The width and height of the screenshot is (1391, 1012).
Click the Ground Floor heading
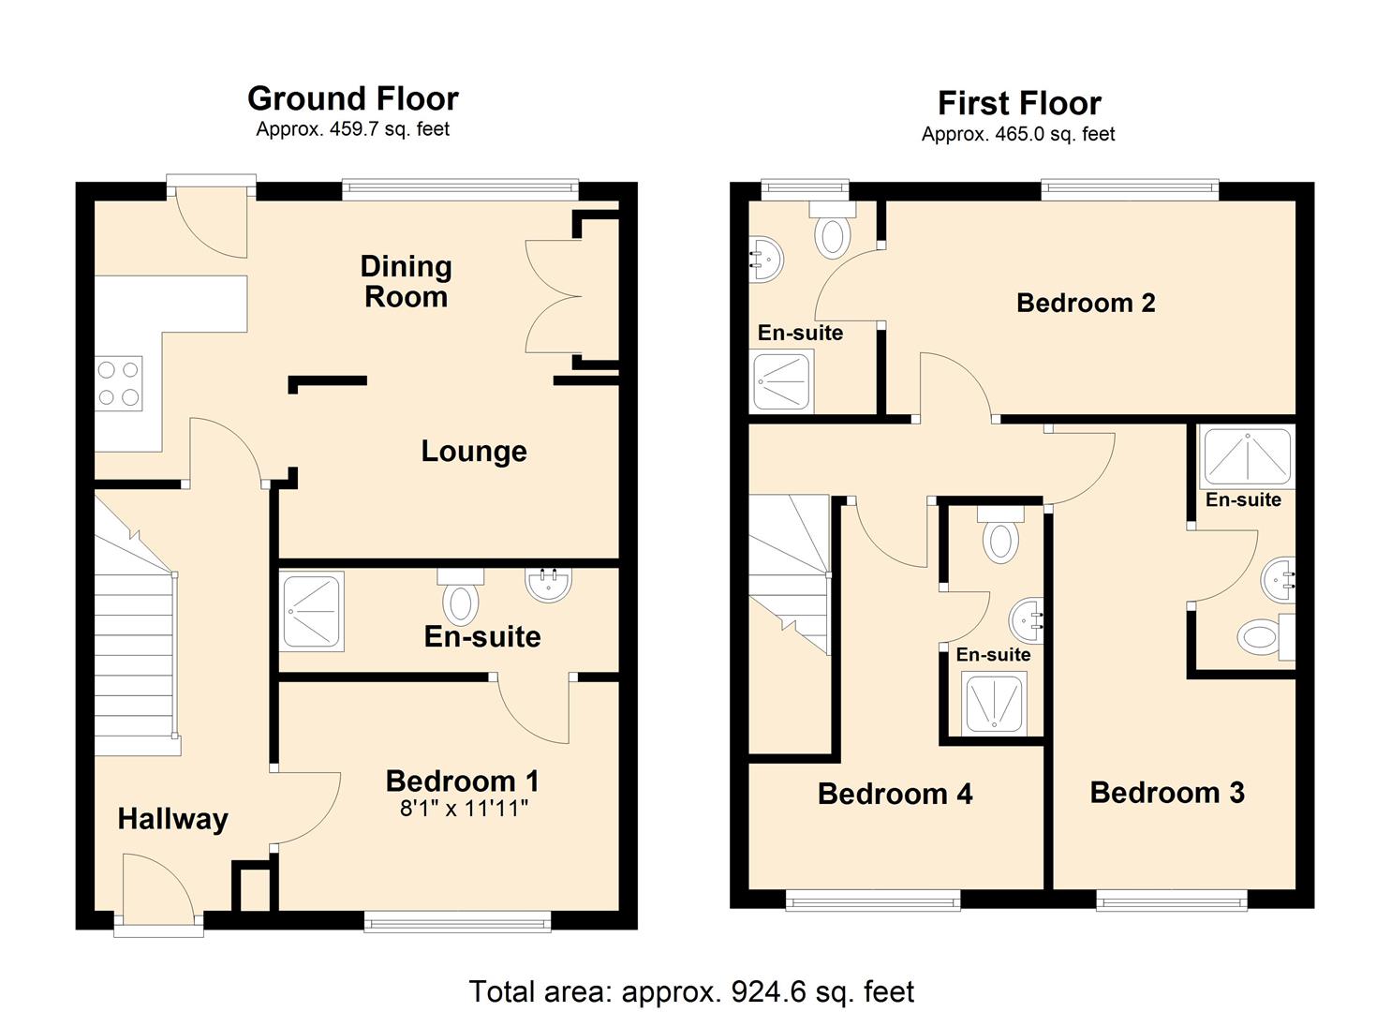[352, 98]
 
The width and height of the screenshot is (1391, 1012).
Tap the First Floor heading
[1019, 103]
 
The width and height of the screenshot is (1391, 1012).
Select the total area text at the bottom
[691, 990]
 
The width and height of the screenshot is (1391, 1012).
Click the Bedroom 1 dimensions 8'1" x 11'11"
[464, 809]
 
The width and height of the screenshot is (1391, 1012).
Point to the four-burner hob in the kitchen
[119, 383]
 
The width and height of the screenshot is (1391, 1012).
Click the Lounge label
[473, 451]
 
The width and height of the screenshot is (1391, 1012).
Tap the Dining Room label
[406, 282]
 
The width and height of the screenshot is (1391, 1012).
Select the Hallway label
[172, 819]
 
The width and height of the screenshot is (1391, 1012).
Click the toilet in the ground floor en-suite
[459, 601]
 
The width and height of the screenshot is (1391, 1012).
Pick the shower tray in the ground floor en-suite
[312, 612]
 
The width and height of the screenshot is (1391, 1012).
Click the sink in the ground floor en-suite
[549, 585]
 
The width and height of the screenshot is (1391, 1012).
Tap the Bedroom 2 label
[1086, 303]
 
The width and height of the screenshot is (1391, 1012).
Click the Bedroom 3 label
[1167, 793]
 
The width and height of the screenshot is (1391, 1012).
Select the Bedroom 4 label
[895, 794]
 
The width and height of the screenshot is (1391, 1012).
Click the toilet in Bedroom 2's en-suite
[832, 233]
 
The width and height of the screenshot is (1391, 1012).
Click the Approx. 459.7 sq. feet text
[352, 129]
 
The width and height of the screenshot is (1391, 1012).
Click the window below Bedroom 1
[457, 923]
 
